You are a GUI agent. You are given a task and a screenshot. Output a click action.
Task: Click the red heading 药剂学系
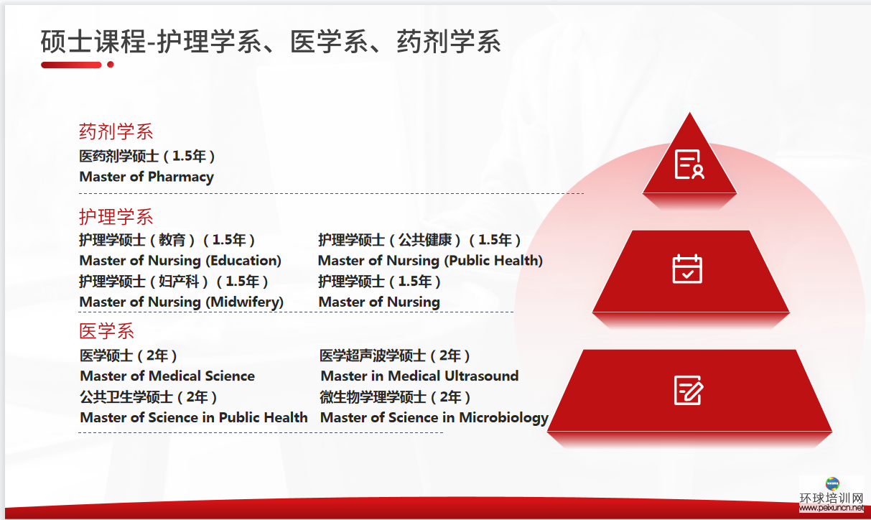pos(116,131)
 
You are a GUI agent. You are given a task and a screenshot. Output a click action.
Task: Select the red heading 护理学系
pos(116,217)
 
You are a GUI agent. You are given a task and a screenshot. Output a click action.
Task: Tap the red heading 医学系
pos(106,331)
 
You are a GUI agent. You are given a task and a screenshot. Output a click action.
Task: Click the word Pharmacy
pos(181,177)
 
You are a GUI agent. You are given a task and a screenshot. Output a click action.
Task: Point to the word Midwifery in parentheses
pos(245,302)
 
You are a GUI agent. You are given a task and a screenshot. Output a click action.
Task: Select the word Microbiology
pos(504,418)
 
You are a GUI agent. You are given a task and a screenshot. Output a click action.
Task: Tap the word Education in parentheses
pos(243,261)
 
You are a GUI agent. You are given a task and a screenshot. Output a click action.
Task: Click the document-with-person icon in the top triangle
pos(689,164)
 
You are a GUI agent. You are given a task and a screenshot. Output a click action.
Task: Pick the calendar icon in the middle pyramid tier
pos(687,269)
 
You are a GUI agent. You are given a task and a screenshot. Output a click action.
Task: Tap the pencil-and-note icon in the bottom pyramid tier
pos(688,390)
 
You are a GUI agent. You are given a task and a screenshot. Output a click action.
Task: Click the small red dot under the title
pos(111,65)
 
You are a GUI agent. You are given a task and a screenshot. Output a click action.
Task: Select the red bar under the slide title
pos(71,65)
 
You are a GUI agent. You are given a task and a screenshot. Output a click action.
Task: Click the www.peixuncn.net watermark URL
pos(832,508)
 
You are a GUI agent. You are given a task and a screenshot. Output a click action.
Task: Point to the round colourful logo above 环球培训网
pos(832,483)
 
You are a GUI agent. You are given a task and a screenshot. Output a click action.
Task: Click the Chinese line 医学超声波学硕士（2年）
pos(395,356)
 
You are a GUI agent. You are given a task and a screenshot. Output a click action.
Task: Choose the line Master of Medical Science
pos(167,376)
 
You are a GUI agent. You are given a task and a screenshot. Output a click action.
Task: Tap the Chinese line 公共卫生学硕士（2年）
pos(148,396)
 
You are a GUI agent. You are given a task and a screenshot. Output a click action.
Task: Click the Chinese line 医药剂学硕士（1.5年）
pos(147,156)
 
